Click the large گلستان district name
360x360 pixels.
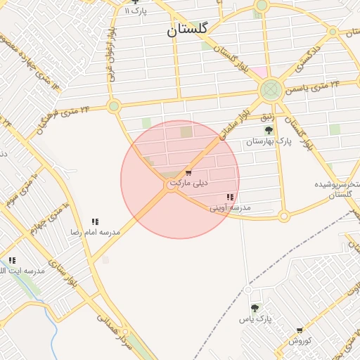tap(188, 30)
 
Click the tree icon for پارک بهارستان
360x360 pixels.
tap(268, 130)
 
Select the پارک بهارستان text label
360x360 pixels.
tap(269, 142)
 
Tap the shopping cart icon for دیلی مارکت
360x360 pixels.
tap(188, 172)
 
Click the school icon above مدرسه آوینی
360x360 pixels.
tap(230, 198)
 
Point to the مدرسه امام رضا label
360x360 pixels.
tap(94, 231)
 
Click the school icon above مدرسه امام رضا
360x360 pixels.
tap(95, 221)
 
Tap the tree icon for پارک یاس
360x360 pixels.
tap(255, 308)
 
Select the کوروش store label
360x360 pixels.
tap(300, 340)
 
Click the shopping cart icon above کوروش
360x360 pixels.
tap(300, 330)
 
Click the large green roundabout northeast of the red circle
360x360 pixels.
tap(271, 90)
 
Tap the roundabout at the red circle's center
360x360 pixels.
tap(172, 185)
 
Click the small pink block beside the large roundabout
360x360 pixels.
tap(259, 71)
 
